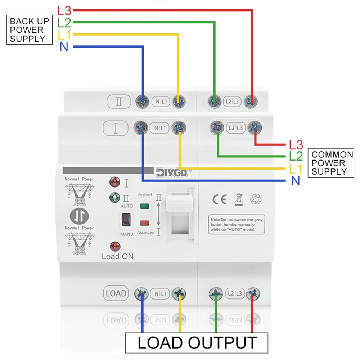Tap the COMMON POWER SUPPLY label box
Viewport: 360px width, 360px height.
331,163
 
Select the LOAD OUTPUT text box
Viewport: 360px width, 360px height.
197,343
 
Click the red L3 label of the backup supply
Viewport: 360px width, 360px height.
64,10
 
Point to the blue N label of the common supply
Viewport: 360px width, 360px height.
295,181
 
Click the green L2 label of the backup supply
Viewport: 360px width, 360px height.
64,23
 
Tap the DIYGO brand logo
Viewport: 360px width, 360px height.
171,173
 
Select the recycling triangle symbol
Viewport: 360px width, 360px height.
256,199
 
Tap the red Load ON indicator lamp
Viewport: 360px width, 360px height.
115,247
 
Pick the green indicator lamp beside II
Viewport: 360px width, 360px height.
114,198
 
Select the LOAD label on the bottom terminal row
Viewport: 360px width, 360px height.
116,293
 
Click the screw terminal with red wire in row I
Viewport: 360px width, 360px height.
255,127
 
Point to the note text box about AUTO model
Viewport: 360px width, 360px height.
237,224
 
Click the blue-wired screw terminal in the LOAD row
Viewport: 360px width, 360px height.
142,293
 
